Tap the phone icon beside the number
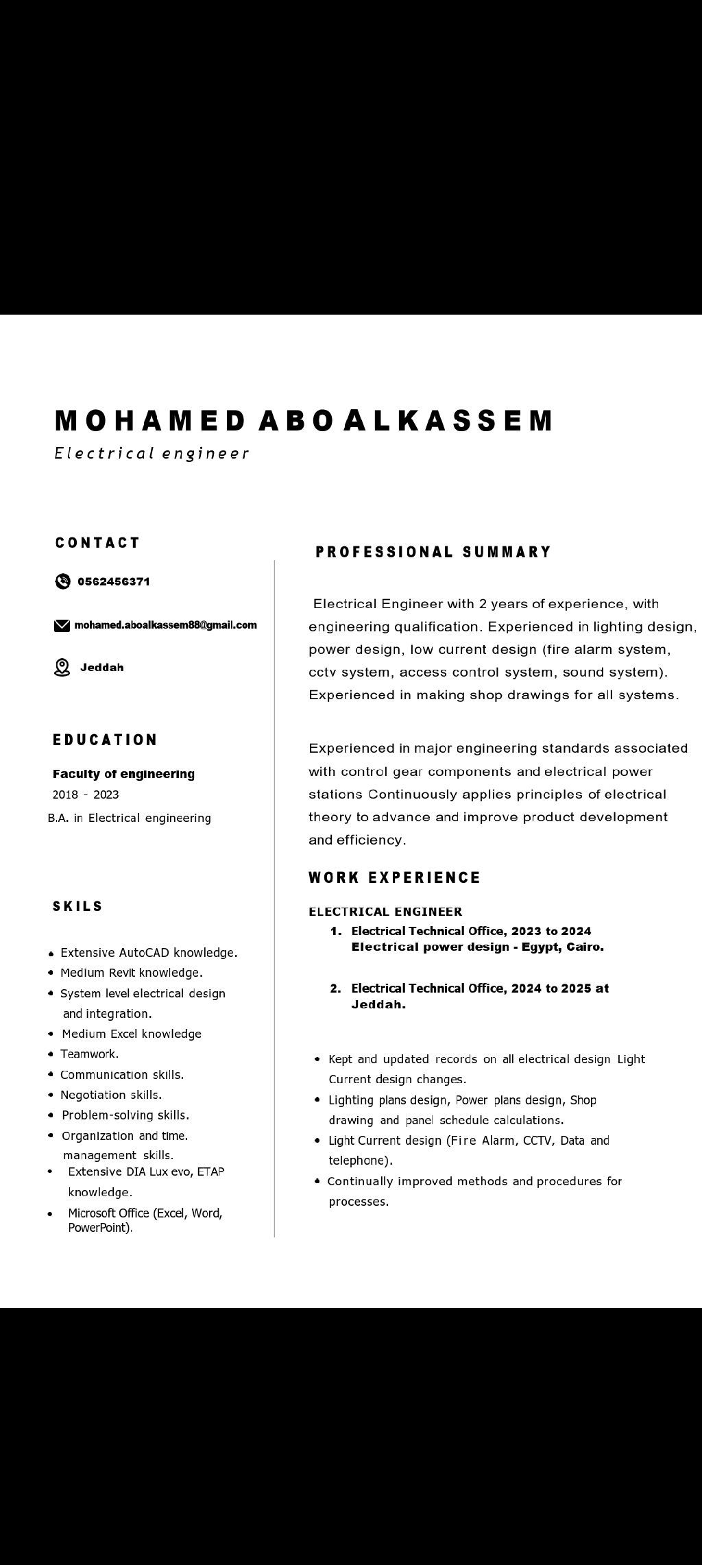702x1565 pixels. click(62, 581)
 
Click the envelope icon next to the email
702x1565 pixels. click(62, 625)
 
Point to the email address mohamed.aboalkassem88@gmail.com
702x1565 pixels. click(165, 624)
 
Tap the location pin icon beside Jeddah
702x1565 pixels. click(62, 667)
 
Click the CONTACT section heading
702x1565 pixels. click(98, 543)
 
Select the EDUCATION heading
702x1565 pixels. click(105, 740)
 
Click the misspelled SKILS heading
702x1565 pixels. click(77, 906)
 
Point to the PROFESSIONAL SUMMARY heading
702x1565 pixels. click(433, 552)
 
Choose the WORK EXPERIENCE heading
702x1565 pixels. click(394, 877)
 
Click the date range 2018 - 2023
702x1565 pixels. click(86, 794)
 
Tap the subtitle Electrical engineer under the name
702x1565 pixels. click(151, 453)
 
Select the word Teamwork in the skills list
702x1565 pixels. click(89, 1054)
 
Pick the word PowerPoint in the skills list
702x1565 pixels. click(99, 1228)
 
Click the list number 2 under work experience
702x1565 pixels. click(335, 988)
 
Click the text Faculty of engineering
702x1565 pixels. click(123, 774)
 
